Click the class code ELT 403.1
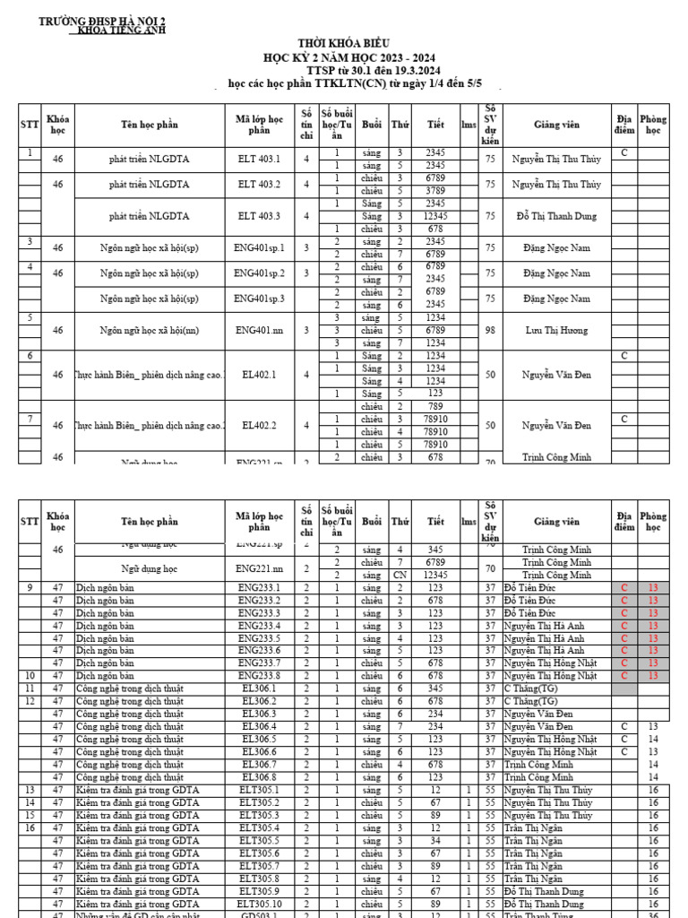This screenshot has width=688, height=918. click(x=259, y=159)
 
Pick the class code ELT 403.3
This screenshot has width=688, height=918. click(x=259, y=216)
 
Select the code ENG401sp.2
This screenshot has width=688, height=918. click(x=259, y=273)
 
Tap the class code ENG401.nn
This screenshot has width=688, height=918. click(x=259, y=330)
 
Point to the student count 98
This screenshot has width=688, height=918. click(x=490, y=330)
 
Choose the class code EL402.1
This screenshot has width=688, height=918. click(x=259, y=375)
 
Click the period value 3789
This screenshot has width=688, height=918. click(x=435, y=190)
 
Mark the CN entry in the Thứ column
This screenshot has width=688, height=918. click(x=400, y=575)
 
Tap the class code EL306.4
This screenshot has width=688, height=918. click(x=259, y=726)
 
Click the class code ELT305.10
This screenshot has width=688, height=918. click(x=259, y=905)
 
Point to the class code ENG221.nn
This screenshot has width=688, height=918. click(x=259, y=568)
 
